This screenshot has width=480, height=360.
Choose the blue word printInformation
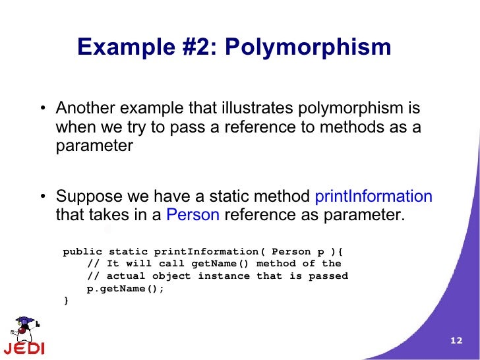click(374, 196)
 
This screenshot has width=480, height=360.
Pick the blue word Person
click(193, 215)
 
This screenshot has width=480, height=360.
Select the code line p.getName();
click(125, 288)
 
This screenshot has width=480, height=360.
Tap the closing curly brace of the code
click(65, 300)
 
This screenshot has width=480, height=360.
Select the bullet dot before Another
click(42, 109)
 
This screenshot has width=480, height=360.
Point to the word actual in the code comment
click(125, 276)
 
